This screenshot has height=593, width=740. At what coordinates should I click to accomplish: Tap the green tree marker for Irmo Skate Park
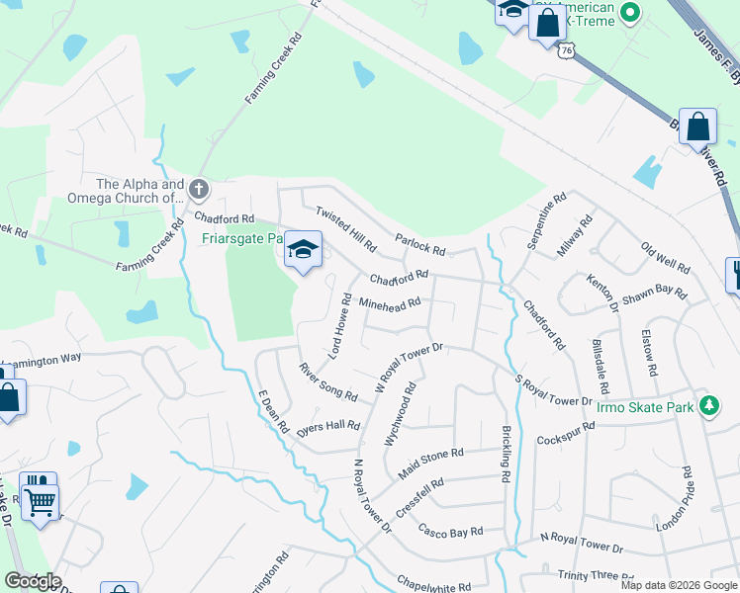point(708,405)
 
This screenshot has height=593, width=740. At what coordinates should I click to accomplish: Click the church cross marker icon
point(199,188)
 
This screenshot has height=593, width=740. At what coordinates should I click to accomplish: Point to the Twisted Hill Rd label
point(345,228)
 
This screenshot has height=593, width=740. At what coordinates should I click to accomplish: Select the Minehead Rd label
point(390,301)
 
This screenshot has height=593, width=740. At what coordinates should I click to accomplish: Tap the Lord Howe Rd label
point(338,325)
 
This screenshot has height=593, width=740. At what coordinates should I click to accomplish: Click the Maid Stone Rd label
point(430,460)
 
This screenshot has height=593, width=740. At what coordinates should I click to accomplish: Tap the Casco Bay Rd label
point(450,531)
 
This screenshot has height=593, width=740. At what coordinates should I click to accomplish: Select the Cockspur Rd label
point(565,433)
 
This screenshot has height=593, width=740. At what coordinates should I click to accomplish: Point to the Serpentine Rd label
point(546,220)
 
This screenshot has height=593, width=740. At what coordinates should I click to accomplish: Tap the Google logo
point(33,580)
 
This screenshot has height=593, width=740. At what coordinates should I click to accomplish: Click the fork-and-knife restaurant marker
point(733,274)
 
